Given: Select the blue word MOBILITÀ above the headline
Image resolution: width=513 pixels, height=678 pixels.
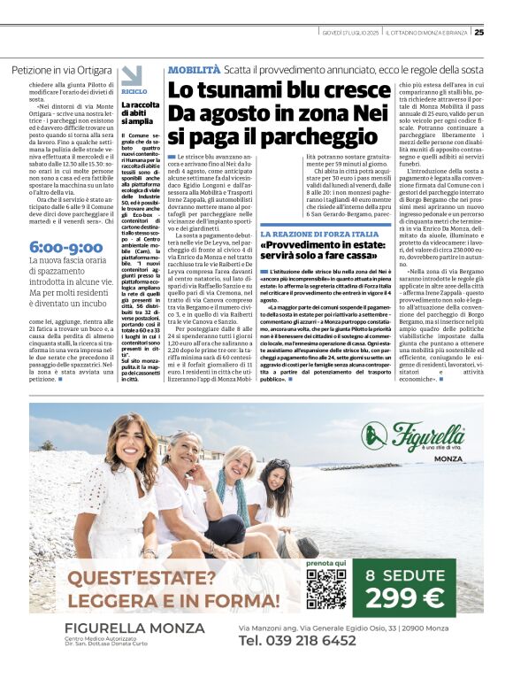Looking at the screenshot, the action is pyautogui.click(x=194, y=68).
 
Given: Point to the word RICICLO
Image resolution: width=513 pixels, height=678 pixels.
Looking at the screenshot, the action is pyautogui.click(x=134, y=92).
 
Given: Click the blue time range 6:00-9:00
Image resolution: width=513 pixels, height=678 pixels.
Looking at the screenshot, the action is pyautogui.click(x=65, y=247).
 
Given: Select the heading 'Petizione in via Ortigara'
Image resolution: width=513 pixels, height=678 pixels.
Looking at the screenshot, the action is pyautogui.click(x=62, y=69).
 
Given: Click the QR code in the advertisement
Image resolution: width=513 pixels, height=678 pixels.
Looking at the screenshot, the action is pyautogui.click(x=326, y=589).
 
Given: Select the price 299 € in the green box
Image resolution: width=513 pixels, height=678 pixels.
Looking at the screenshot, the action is pyautogui.click(x=403, y=598).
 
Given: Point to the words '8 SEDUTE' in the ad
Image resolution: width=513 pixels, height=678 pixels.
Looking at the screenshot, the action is pyautogui.click(x=403, y=573).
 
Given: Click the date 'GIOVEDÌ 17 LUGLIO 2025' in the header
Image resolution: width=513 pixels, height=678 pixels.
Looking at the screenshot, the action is pyautogui.click(x=349, y=33).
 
